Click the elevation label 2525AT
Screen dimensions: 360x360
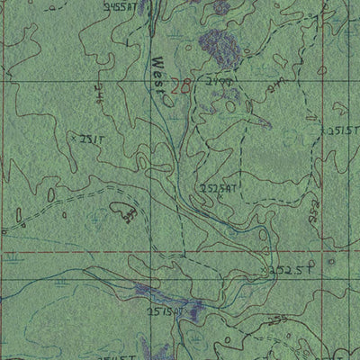click(x=219, y=189)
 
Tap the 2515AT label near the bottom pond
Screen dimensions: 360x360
click(x=166, y=311)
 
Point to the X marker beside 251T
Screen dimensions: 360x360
click(x=72, y=140)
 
